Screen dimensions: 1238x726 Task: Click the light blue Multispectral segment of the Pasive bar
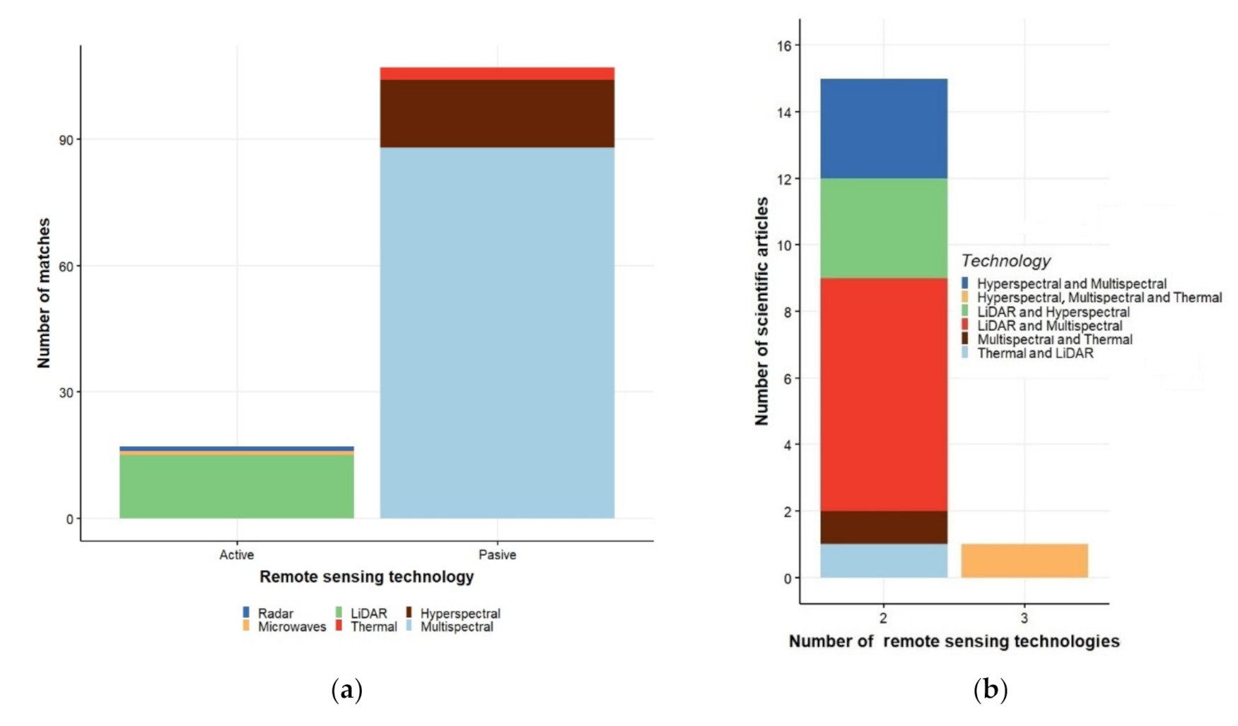tap(497, 332)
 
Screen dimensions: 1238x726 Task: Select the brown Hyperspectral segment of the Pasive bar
tap(497, 113)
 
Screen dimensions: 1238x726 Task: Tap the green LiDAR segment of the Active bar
tap(236, 486)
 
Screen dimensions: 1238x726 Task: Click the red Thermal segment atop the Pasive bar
tap(497, 74)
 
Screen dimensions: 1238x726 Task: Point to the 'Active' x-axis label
tap(236, 555)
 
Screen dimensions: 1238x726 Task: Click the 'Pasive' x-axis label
tap(497, 555)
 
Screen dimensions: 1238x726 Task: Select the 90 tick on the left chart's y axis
tap(66, 140)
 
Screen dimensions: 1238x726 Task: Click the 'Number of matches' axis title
tap(44, 293)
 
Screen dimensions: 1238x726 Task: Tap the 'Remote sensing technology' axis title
tap(366, 577)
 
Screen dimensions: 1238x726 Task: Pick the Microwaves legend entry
tap(284, 627)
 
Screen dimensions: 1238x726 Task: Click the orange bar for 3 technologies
tap(1024, 561)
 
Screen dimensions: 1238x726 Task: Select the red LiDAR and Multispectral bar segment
tap(884, 394)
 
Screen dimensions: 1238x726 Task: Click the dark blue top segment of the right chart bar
tap(884, 129)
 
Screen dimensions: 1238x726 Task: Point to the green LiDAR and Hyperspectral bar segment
tap(884, 228)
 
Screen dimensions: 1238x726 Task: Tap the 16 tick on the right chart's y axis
tap(785, 45)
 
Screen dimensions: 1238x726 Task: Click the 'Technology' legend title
tap(1005, 261)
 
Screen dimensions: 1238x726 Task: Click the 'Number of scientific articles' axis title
tap(761, 311)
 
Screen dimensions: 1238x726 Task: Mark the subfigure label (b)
tap(991, 689)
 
